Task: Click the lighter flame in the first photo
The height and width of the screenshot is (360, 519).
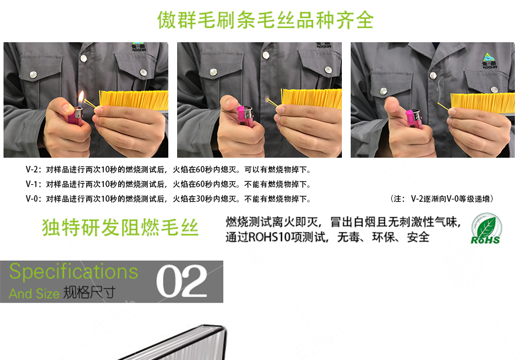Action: point(81,97)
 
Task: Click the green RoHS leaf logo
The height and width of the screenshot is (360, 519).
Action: point(486,229)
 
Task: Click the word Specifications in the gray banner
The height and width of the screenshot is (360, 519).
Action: point(74,272)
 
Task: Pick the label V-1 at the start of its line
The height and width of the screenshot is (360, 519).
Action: point(33,184)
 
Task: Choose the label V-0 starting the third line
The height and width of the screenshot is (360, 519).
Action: point(33,199)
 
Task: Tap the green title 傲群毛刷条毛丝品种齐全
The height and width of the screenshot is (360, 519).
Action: point(266,20)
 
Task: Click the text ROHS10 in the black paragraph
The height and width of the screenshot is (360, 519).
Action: point(271,237)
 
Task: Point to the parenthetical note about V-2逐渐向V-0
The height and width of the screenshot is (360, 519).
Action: point(441,199)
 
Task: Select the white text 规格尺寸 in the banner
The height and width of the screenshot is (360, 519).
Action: point(89,292)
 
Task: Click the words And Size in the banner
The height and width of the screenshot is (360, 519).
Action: point(34,293)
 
